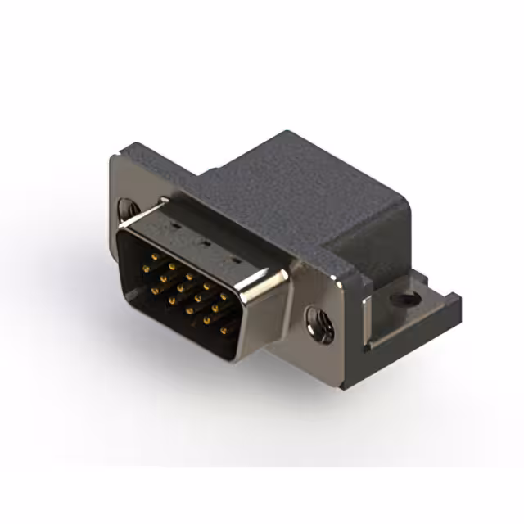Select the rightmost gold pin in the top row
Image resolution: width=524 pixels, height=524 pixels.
[224, 297]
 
